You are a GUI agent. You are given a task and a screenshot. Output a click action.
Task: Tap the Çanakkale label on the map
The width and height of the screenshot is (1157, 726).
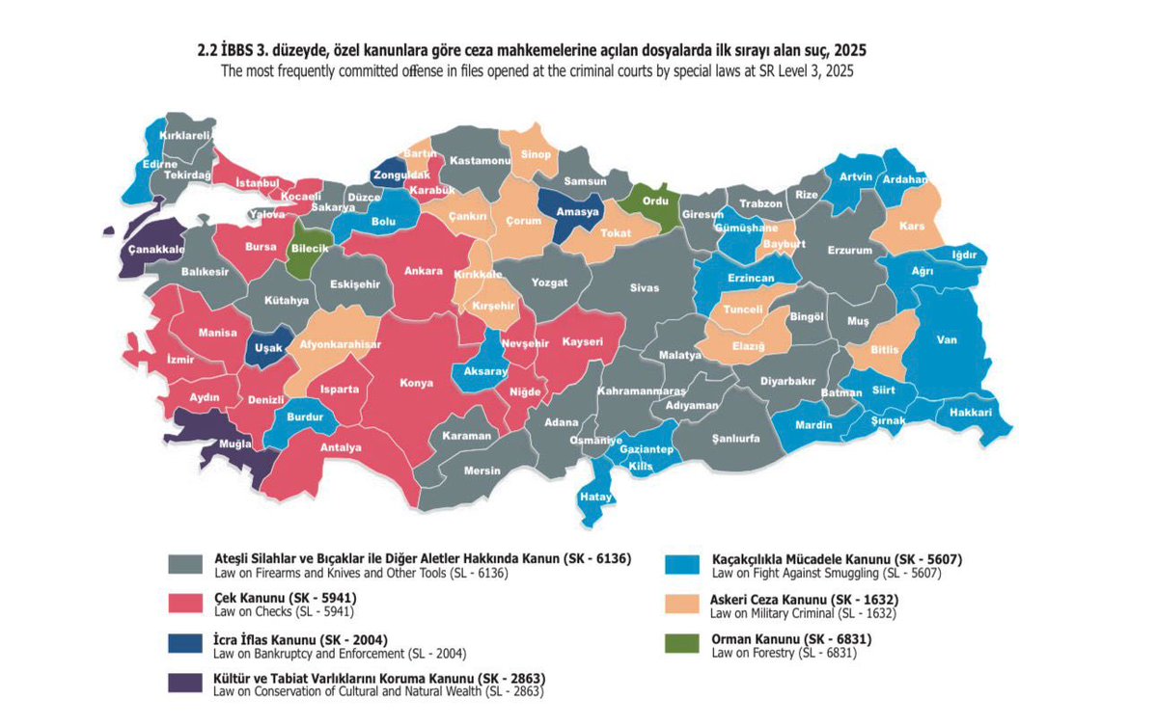152,249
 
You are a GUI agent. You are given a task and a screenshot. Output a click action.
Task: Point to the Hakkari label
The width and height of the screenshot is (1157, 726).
971,412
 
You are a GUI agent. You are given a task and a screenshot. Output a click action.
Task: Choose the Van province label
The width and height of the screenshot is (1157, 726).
947,339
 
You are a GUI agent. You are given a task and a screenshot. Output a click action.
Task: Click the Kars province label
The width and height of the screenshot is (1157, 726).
912,226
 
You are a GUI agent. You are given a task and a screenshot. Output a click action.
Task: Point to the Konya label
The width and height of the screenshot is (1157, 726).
417,382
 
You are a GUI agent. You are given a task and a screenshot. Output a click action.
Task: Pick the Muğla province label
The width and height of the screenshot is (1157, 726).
234,444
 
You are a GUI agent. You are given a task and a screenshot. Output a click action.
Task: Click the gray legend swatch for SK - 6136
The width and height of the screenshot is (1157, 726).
186,565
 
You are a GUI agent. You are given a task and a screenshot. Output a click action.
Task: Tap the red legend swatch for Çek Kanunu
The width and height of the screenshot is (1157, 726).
186,605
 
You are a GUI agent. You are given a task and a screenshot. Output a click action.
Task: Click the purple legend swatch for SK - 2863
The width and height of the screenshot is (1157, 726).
186,683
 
